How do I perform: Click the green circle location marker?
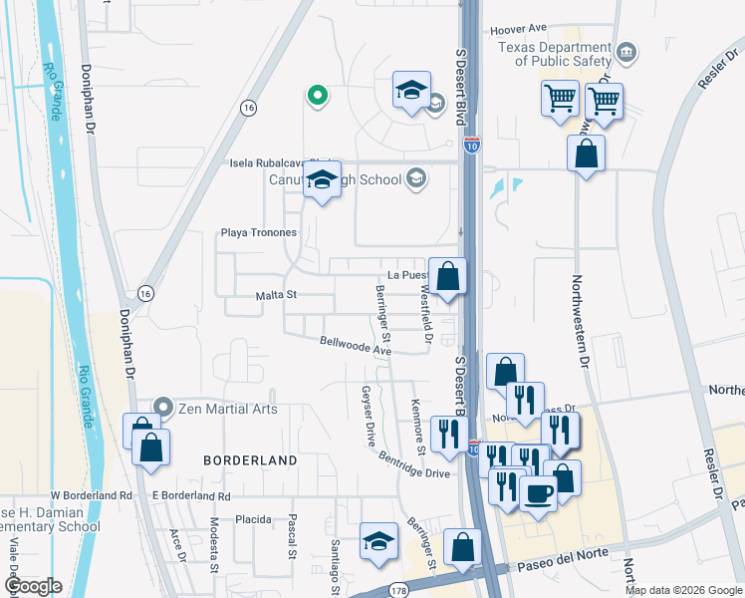point(317,96)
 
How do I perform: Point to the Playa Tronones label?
point(258,233)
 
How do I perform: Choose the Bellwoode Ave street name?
point(356,346)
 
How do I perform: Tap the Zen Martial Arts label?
point(227,409)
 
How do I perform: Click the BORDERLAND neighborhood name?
point(250,460)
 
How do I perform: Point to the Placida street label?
point(254,519)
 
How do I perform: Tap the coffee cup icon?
point(538,493)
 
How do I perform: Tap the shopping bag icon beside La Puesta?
point(448,277)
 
